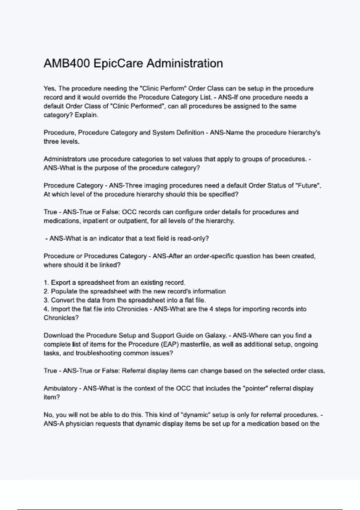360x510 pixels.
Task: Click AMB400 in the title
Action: pos(67,64)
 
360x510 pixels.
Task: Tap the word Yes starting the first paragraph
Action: pos(50,88)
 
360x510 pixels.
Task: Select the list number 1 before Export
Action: pos(46,283)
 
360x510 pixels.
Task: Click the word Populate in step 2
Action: pos(64,291)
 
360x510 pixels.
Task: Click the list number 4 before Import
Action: pos(46,309)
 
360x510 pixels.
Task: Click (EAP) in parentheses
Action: pos(169,344)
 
